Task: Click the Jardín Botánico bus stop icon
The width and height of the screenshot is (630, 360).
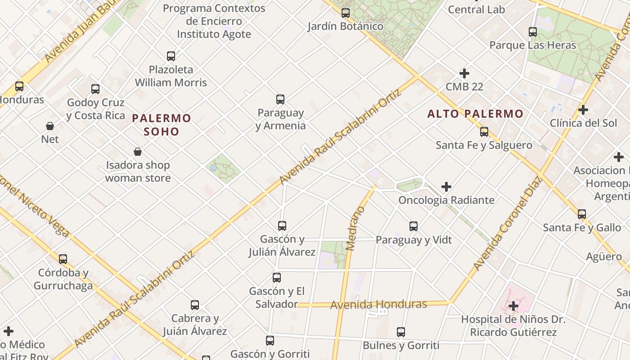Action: [346, 13]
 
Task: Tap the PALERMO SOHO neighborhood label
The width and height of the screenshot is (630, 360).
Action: [162, 125]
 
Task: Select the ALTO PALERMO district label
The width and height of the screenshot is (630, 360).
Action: [475, 114]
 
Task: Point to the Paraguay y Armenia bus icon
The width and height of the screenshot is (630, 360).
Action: [280, 99]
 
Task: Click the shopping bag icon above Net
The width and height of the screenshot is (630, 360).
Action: [50, 126]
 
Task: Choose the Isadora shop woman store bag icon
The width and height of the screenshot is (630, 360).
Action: [138, 152]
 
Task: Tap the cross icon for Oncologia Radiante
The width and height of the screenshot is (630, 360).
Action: [446, 187]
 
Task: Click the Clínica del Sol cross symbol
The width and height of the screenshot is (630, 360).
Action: [583, 110]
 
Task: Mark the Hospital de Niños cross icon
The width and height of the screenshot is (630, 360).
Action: [513, 306]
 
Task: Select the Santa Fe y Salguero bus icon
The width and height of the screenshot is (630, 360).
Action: [484, 132]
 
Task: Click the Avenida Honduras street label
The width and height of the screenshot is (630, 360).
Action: [378, 305]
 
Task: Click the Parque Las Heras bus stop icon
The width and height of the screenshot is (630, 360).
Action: [533, 32]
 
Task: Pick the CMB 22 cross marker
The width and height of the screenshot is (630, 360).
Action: [464, 73]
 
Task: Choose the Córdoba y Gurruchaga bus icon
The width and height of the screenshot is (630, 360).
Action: [63, 259]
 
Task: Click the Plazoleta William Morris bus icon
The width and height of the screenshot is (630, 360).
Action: [171, 56]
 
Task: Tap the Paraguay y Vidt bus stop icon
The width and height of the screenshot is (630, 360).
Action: [414, 226]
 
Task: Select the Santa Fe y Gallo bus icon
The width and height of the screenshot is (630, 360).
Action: [582, 214]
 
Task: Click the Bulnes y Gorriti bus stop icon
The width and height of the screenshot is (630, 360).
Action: [401, 332]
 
